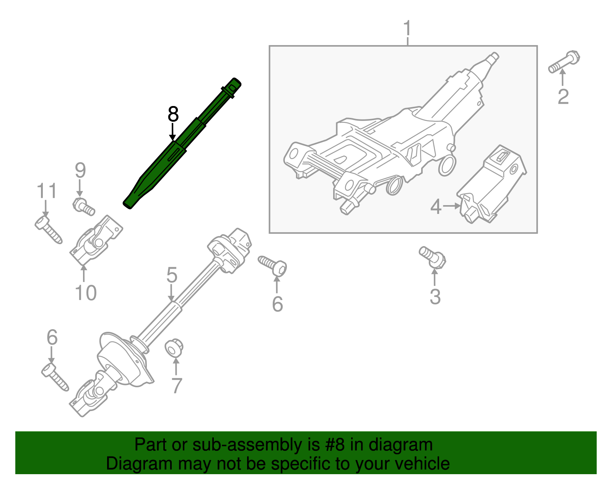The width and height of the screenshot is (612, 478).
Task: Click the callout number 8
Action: pyautogui.click(x=173, y=114)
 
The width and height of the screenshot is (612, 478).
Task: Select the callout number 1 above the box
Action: pyautogui.click(x=408, y=29)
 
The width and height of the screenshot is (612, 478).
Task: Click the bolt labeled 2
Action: pyautogui.click(x=565, y=63)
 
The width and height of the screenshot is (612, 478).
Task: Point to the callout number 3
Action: pyautogui.click(x=435, y=297)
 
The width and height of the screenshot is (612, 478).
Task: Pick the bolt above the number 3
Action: pyautogui.click(x=433, y=257)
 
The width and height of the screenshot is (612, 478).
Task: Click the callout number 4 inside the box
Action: pyautogui.click(x=436, y=207)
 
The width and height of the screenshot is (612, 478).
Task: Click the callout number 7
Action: pyautogui.click(x=176, y=386)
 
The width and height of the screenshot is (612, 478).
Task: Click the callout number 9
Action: pyautogui.click(x=80, y=170)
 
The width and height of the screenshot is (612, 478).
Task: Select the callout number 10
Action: pyautogui.click(x=86, y=293)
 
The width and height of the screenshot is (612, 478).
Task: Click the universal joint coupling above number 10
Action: pyautogui.click(x=97, y=240)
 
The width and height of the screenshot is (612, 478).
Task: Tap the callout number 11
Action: pyautogui.click(x=47, y=191)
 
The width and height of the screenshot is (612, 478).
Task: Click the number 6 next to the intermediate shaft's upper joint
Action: pyautogui.click(x=277, y=304)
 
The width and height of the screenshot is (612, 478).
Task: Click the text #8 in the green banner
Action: pyautogui.click(x=335, y=445)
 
